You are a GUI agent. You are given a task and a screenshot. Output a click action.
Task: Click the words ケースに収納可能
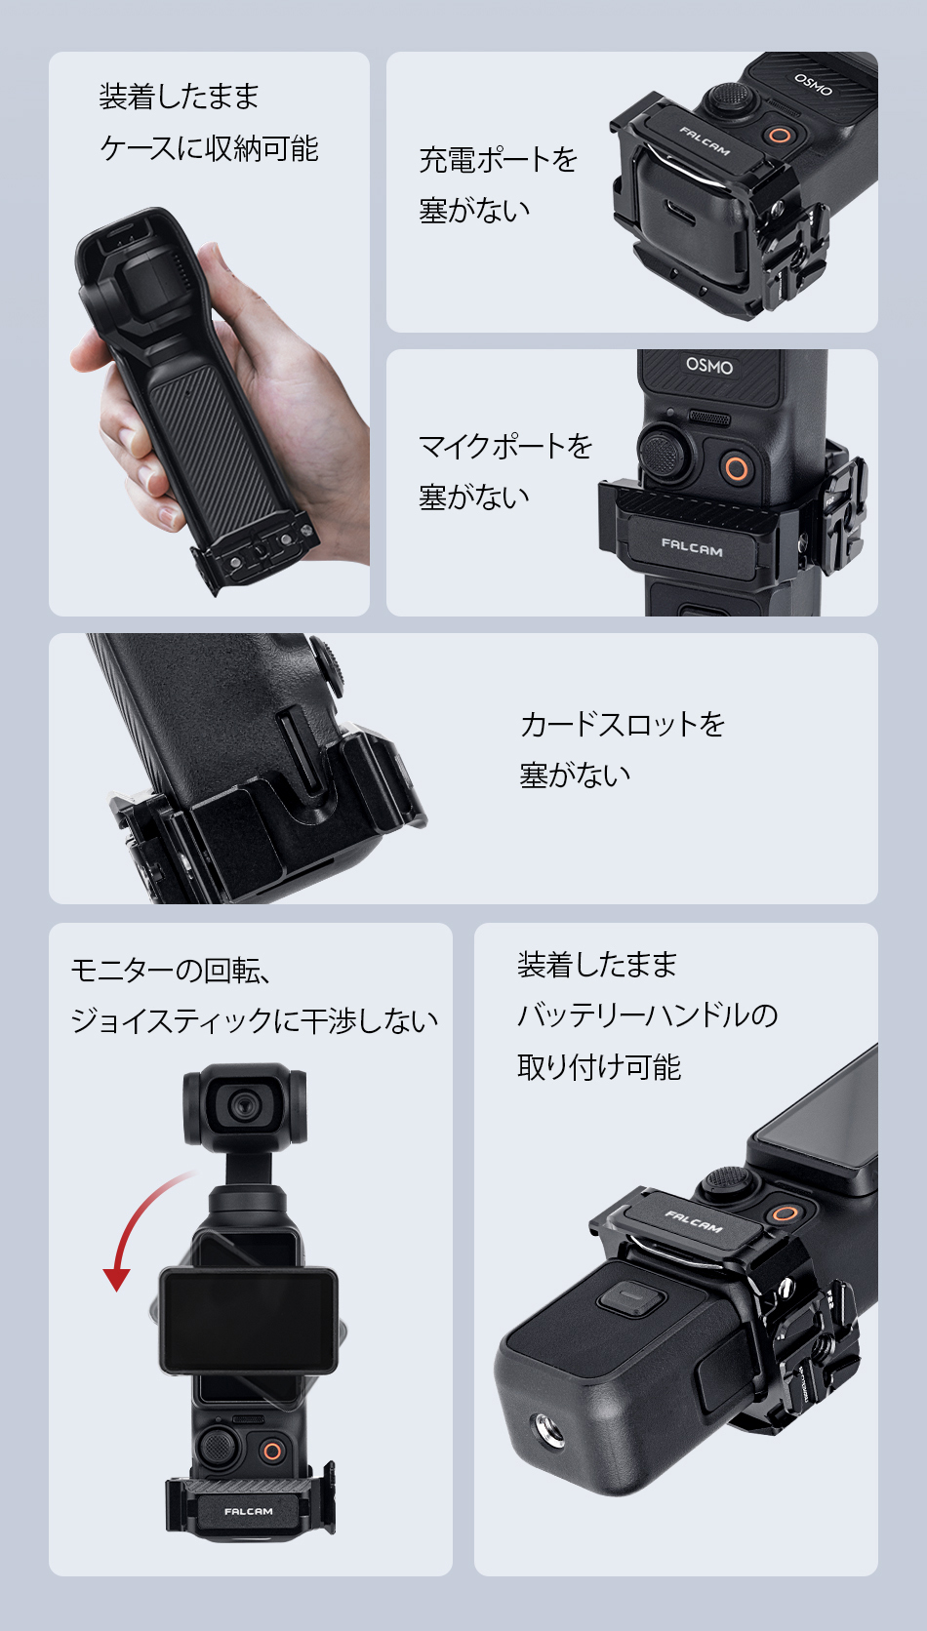click(x=209, y=148)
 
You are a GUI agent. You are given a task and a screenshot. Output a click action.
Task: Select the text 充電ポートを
click(x=498, y=159)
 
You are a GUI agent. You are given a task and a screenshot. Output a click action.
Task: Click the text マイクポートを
click(x=505, y=446)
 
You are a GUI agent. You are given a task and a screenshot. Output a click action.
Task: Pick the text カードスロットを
click(x=623, y=724)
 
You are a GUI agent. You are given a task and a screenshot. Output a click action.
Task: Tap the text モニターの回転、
click(x=172, y=970)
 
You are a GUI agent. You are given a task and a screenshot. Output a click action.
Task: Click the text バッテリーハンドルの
click(x=647, y=1014)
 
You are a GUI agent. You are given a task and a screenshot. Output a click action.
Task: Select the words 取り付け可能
click(x=599, y=1067)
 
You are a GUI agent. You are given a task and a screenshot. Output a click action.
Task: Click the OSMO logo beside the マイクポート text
click(x=709, y=366)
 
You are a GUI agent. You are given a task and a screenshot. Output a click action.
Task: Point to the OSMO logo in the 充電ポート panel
click(x=813, y=84)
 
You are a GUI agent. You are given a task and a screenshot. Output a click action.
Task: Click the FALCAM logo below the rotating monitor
click(x=248, y=1512)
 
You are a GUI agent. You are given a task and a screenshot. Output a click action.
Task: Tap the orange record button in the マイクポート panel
click(x=736, y=466)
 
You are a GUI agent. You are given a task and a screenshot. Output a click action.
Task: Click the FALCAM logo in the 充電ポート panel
click(x=705, y=141)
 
